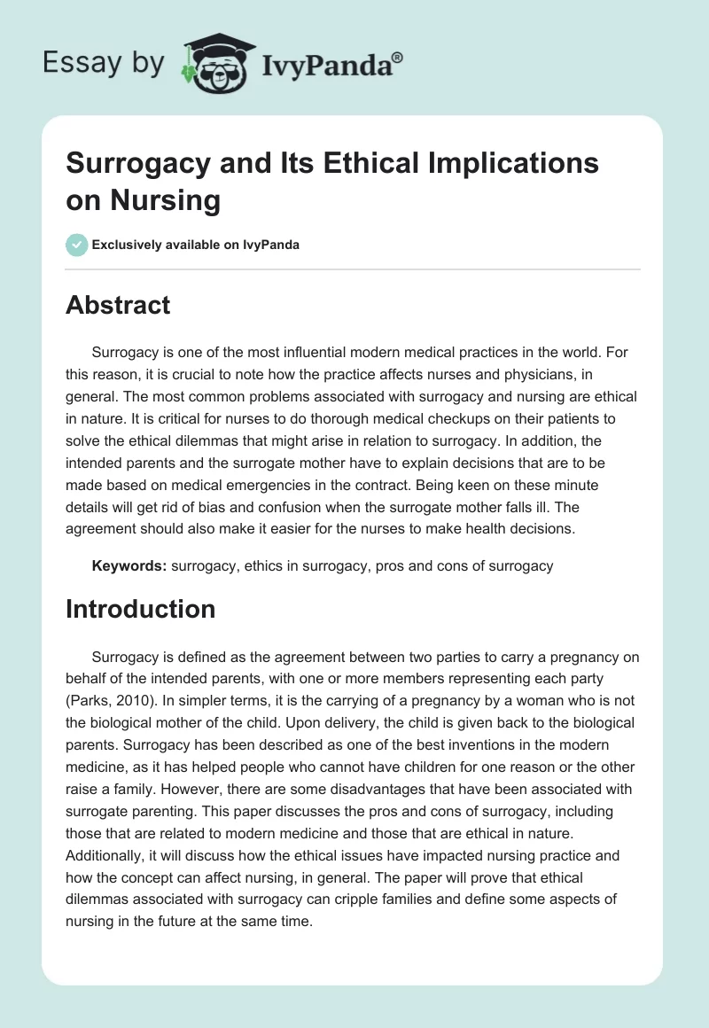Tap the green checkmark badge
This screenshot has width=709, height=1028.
(x=77, y=245)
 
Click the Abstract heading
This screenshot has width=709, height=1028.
(x=118, y=305)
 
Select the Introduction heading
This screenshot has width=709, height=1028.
(x=140, y=609)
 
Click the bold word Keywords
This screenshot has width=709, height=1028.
(x=129, y=565)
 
